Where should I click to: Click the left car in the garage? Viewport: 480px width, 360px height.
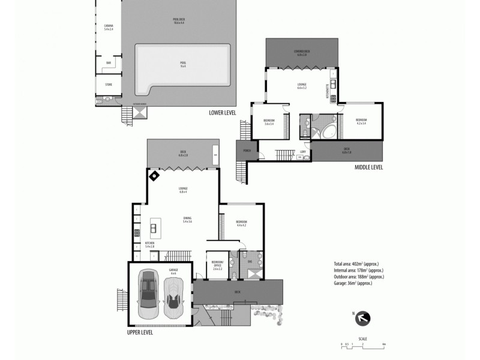coord(148,294)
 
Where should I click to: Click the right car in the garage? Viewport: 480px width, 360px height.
coord(174,294)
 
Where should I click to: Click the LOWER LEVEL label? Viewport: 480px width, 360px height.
coord(222,112)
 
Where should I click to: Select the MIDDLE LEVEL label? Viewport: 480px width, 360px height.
coord(368,167)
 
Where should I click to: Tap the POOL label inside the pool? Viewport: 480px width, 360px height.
coord(183,64)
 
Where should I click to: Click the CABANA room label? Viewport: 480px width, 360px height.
coord(109,26)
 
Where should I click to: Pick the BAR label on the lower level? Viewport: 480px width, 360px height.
coord(109,62)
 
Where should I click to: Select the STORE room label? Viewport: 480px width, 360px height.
coord(109,85)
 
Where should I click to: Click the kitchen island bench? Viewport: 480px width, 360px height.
coord(154,228)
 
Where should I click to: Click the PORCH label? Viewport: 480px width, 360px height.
coord(247,151)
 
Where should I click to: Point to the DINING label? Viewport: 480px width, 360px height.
coord(187,220)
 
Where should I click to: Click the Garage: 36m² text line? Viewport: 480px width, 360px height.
coord(353,283)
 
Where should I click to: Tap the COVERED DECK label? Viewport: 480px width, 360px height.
coord(302,52)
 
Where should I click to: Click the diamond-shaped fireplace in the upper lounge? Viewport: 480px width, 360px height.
coord(154,176)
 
